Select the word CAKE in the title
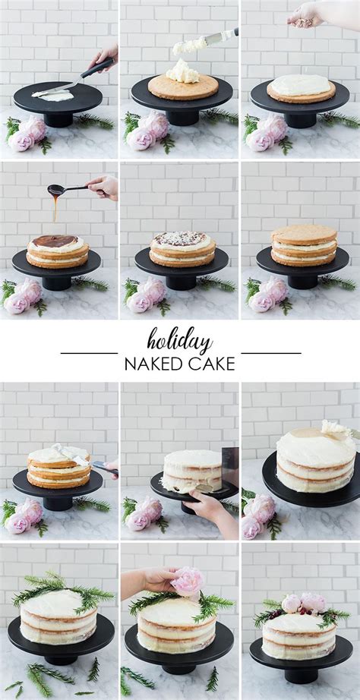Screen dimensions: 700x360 [x=211, y=364]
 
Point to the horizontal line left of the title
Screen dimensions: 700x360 [x=89, y=353]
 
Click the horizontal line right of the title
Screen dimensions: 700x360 [x=270, y=353]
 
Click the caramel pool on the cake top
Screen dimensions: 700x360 [x=55, y=241]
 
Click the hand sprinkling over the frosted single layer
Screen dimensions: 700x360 [x=307, y=13]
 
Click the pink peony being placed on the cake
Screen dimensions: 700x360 [x=187, y=581]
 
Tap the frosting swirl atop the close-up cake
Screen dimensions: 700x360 [x=333, y=429]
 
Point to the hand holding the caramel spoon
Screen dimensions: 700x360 [x=104, y=186]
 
